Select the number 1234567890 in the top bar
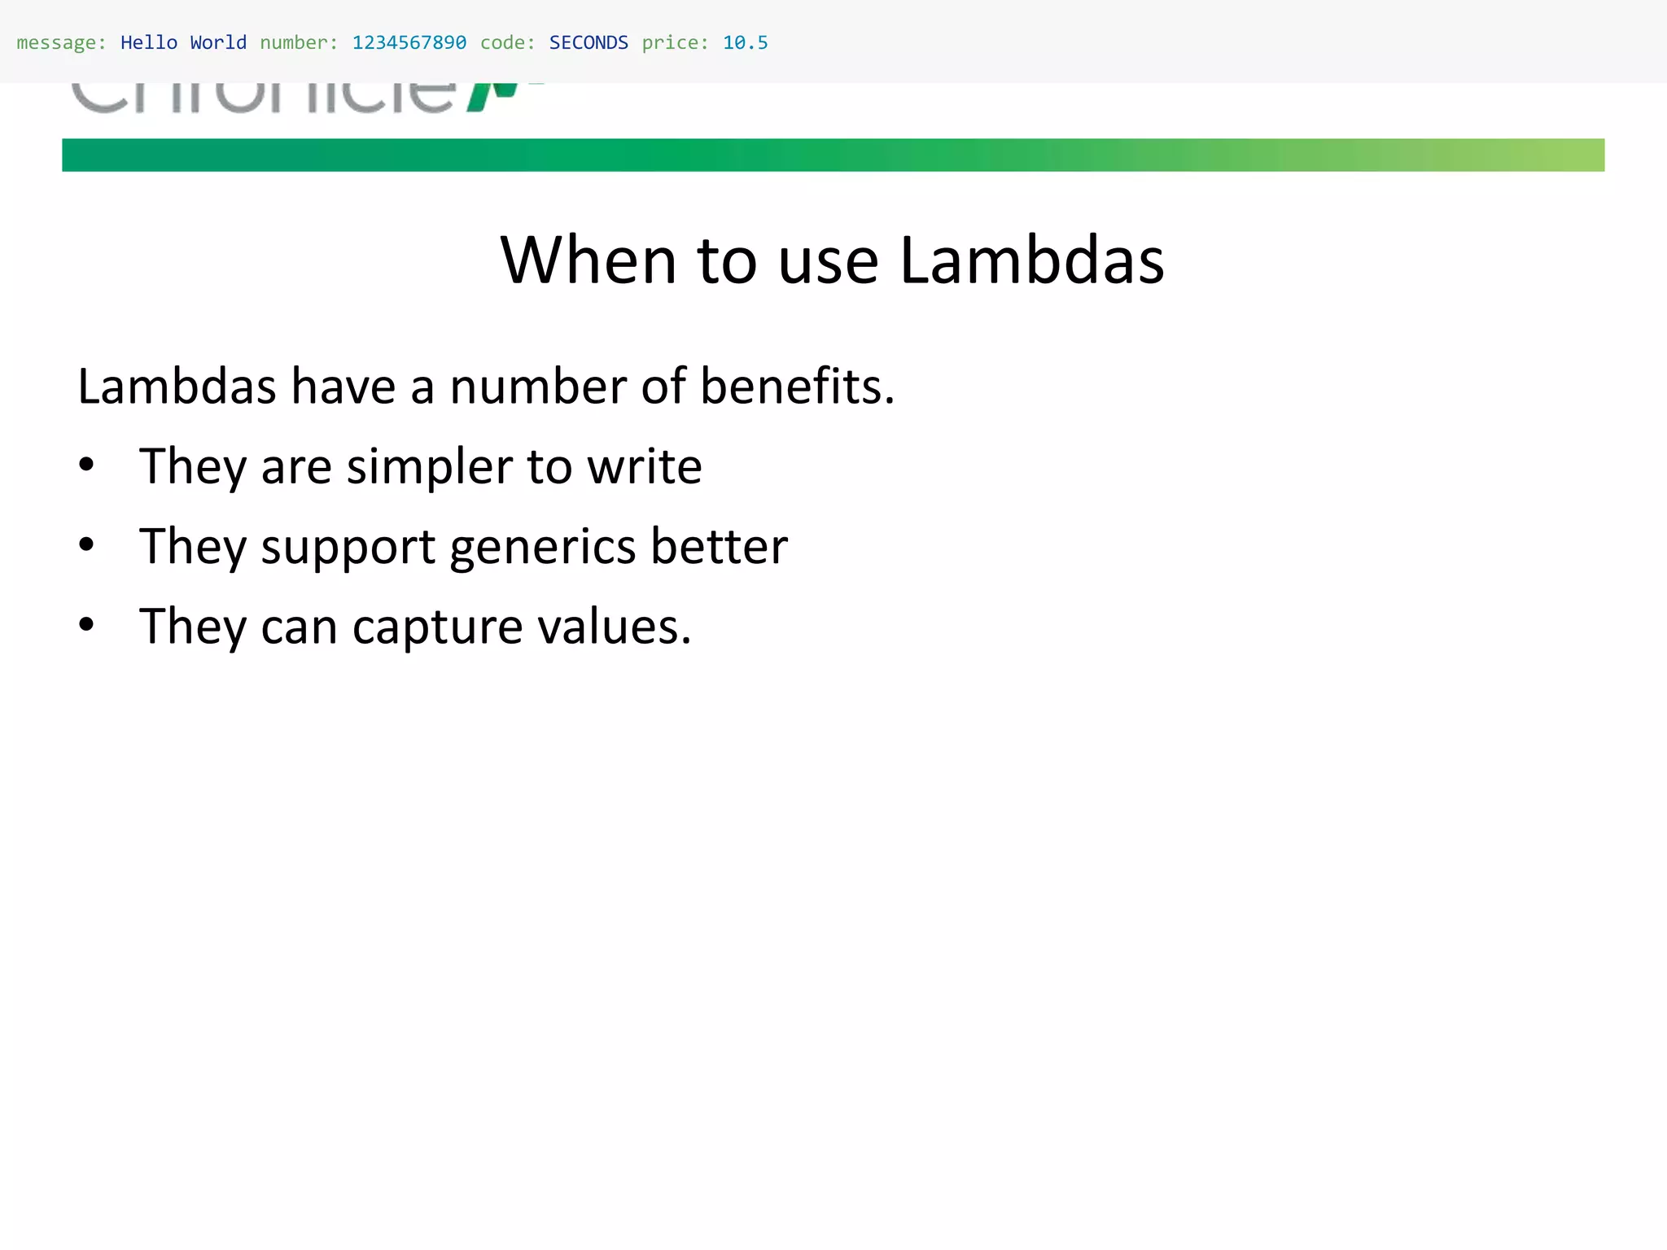pyautogui.click(x=409, y=42)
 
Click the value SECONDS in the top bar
pyautogui.click(x=588, y=42)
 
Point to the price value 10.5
pyautogui.click(x=745, y=42)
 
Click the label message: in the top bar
pyautogui.click(x=61, y=42)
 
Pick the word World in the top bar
pyautogui.click(x=218, y=42)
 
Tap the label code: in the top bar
pyautogui.click(x=508, y=42)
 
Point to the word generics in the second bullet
pyautogui.click(x=543, y=547)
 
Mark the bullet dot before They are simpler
pyautogui.click(x=86, y=465)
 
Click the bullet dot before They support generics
pyautogui.click(x=86, y=545)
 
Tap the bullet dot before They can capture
pyautogui.click(x=86, y=625)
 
